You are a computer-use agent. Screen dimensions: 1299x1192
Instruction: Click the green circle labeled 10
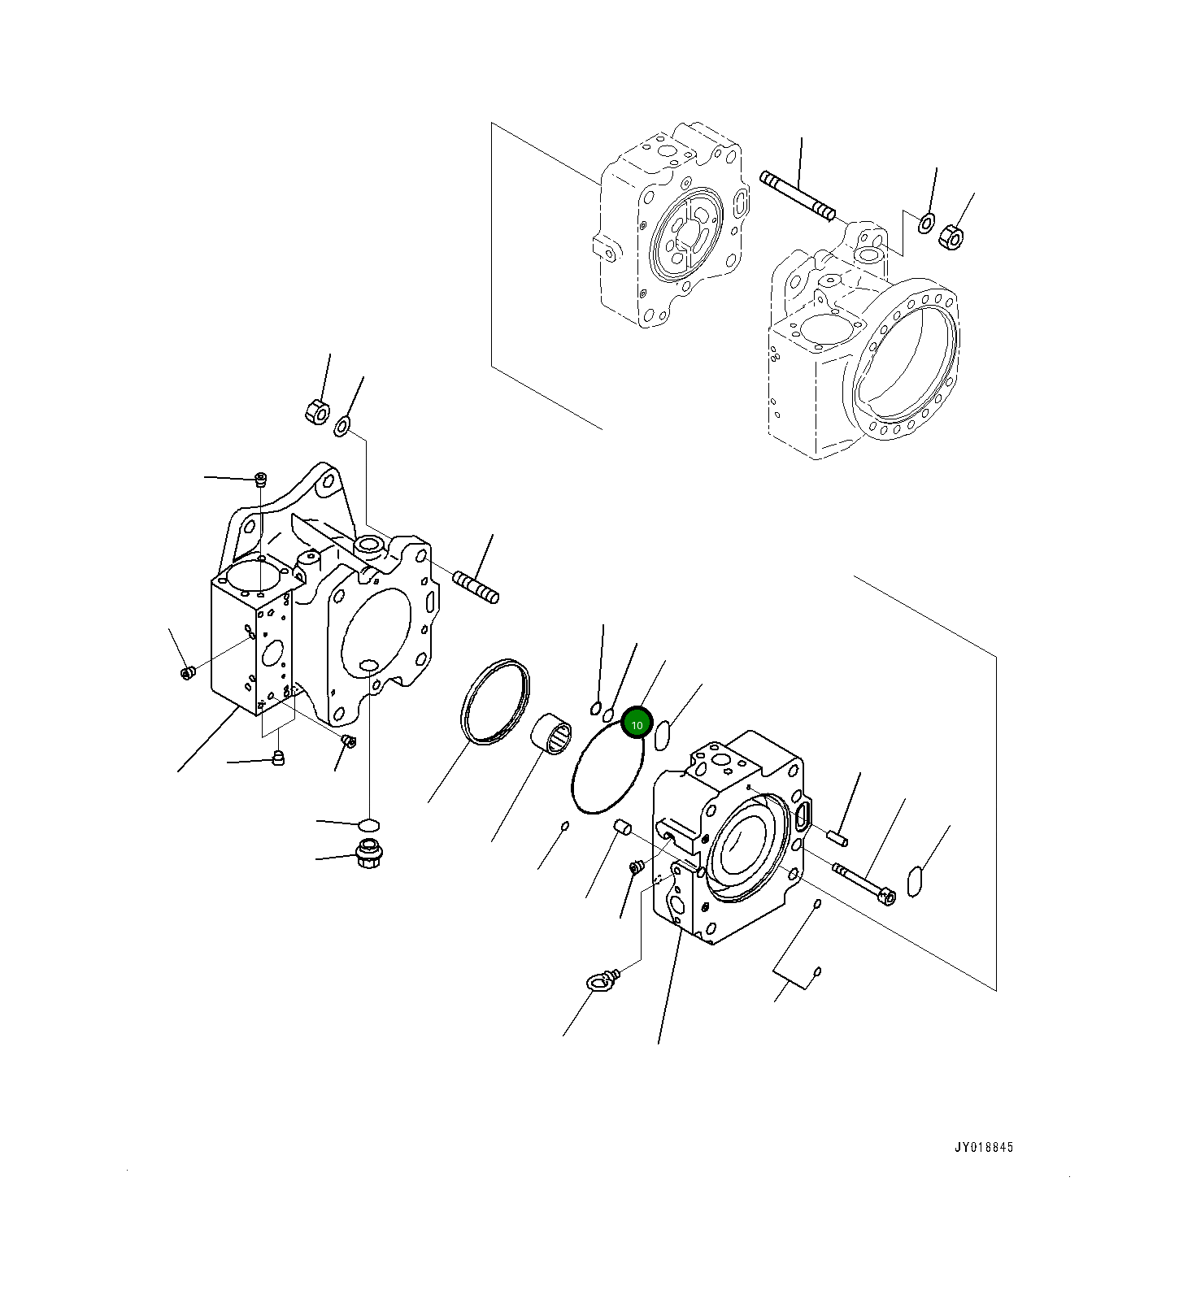(x=637, y=724)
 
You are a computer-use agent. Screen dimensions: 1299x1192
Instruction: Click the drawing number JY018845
(x=984, y=1148)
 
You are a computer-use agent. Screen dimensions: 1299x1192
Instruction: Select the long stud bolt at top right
(x=798, y=196)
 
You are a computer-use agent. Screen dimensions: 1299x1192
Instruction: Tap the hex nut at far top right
(x=951, y=237)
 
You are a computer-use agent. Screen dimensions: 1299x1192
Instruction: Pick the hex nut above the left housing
(x=316, y=411)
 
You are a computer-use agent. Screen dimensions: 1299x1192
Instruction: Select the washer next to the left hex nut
(x=342, y=424)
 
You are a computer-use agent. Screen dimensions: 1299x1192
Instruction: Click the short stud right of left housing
(x=476, y=589)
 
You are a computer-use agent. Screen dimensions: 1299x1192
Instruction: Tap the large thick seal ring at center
(x=494, y=701)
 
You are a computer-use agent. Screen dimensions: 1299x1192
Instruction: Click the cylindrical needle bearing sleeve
(x=550, y=735)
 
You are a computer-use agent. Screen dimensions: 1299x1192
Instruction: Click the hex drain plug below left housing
(x=369, y=854)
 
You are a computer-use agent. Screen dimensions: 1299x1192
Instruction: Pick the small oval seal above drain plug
(x=369, y=825)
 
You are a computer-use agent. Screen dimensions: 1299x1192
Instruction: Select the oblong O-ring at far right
(x=914, y=882)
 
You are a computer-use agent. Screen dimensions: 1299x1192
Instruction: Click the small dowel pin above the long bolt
(x=837, y=836)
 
